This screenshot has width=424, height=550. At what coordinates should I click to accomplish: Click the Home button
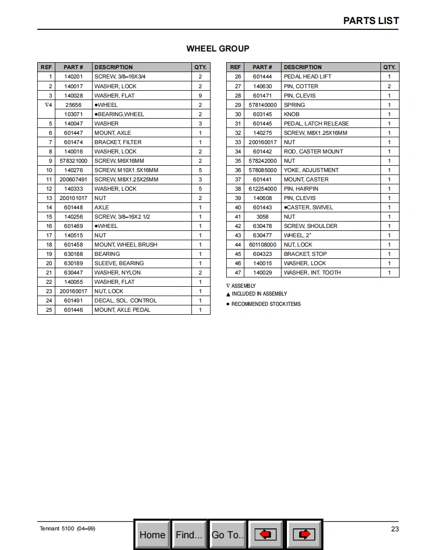tap(152, 534)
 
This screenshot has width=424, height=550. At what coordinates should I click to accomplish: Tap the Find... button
tap(189, 534)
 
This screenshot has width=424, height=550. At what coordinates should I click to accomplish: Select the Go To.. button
tap(228, 534)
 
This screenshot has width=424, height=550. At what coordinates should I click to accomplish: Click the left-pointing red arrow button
tap(266, 534)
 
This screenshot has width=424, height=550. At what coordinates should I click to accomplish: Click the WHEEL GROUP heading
tap(218, 49)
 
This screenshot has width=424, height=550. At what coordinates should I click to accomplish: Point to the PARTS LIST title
tap(371, 21)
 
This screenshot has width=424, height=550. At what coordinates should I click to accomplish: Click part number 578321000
tap(73, 161)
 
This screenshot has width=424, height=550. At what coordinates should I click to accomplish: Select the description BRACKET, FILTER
tap(118, 142)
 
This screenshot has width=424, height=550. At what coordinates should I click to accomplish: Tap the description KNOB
tap(292, 114)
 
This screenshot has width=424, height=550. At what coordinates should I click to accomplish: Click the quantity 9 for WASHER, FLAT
tap(200, 96)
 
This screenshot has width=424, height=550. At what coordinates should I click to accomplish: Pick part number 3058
tap(262, 217)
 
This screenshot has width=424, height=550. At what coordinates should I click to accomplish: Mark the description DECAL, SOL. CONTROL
tap(125, 300)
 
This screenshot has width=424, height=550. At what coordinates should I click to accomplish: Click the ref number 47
tap(238, 273)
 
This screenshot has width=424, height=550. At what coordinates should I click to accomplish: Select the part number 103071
tap(73, 114)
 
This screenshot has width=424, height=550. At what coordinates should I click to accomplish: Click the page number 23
tap(395, 529)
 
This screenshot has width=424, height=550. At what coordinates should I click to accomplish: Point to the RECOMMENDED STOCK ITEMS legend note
tap(266, 304)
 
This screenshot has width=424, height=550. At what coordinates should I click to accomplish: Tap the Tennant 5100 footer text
tap(68, 528)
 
